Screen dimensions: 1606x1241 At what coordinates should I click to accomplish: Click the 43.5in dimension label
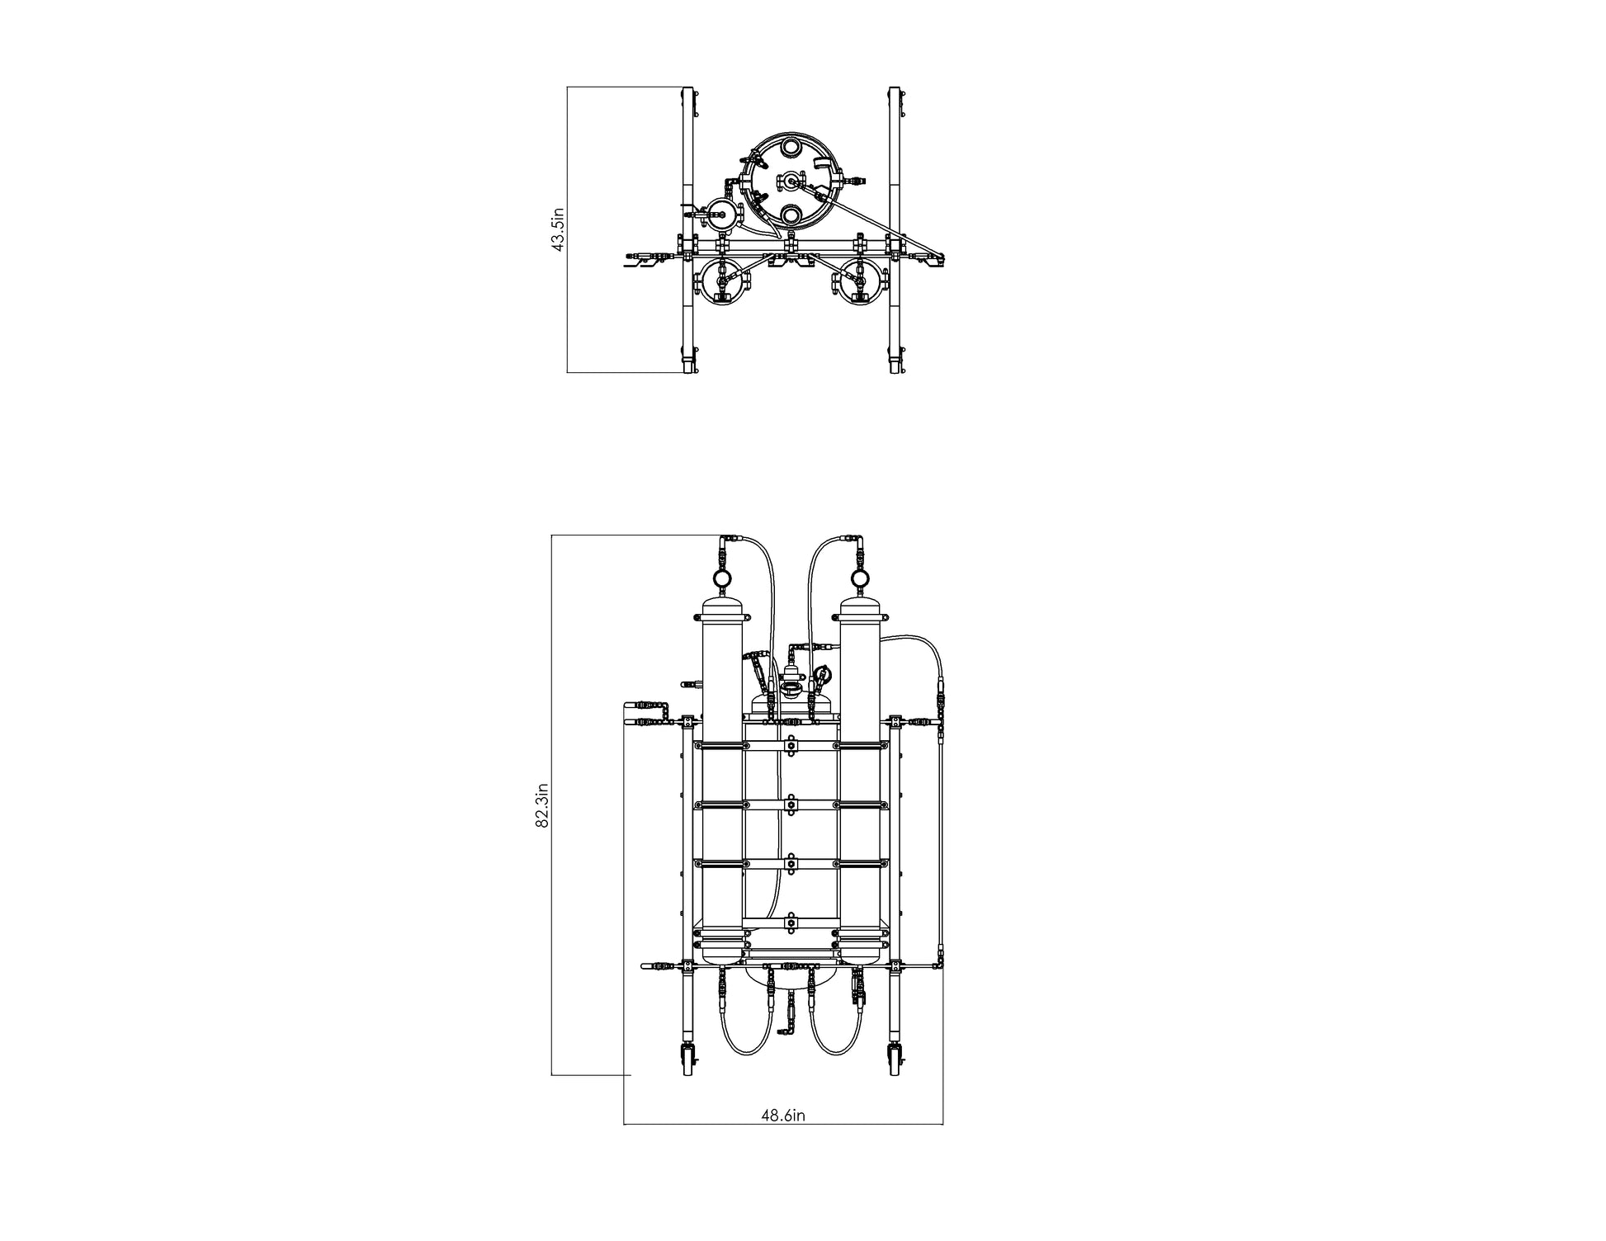pos(558,229)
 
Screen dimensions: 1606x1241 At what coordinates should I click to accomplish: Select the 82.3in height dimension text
pos(542,805)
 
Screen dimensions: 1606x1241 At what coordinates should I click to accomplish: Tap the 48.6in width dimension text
pos(782,1116)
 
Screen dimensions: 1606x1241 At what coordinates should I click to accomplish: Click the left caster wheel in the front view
pos(688,1061)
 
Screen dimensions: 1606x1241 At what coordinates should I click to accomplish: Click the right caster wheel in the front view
pos(895,1061)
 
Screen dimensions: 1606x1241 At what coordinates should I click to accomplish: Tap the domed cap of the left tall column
pos(721,611)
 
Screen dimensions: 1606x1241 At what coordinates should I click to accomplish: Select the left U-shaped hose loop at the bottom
pos(749,1053)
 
